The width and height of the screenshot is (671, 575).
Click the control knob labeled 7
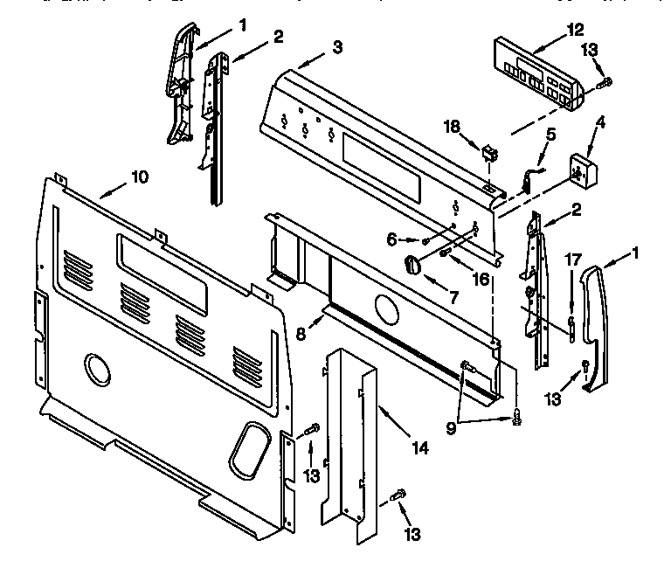(x=412, y=263)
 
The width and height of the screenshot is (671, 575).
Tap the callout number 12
(x=574, y=29)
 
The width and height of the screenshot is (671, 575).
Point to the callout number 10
(x=139, y=177)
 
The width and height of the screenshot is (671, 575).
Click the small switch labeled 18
(x=490, y=156)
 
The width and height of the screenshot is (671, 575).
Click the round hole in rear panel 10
(x=98, y=371)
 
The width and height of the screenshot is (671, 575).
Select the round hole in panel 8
(x=385, y=307)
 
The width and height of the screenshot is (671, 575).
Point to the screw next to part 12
(x=605, y=83)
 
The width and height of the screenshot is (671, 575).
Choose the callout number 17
(x=572, y=259)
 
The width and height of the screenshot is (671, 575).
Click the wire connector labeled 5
(x=529, y=178)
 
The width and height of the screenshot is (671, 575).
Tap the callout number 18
(x=452, y=128)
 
